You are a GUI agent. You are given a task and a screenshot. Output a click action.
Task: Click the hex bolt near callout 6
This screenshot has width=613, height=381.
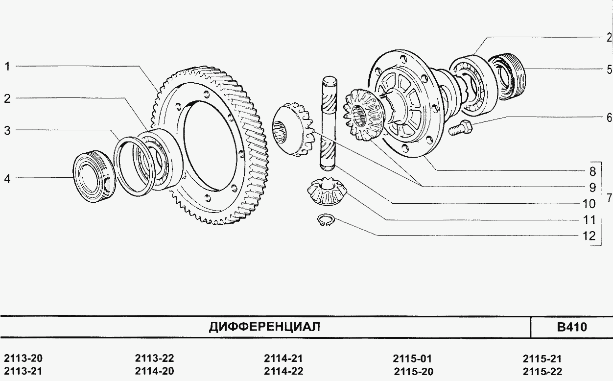(x=461, y=128)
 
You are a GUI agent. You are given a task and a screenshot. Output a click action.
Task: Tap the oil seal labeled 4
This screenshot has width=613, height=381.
(x=94, y=176)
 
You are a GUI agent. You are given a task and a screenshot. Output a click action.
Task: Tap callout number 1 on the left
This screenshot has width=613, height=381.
(x=7, y=67)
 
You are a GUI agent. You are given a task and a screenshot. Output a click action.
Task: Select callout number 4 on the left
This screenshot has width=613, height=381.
(x=7, y=179)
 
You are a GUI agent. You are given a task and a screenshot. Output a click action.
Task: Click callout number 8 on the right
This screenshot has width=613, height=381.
(x=592, y=171)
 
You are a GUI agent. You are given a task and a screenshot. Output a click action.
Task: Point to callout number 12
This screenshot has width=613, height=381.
(x=589, y=236)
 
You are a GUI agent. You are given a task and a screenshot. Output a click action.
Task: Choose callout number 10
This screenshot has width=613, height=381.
(x=589, y=204)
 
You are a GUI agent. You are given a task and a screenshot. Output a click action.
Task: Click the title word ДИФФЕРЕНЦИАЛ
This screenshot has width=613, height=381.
(x=264, y=327)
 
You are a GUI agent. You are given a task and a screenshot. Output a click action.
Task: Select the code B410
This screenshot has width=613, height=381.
(x=572, y=327)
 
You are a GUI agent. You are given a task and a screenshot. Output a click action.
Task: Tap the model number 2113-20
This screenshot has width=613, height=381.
(x=24, y=358)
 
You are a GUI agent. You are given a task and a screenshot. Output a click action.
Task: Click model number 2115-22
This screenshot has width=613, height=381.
(x=542, y=371)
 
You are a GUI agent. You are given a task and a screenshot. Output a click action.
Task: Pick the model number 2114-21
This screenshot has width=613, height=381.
(x=283, y=358)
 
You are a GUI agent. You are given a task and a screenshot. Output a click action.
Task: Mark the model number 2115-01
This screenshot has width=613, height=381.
(x=412, y=358)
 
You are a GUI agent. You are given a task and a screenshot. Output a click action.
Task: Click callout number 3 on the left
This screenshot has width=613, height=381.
(x=7, y=131)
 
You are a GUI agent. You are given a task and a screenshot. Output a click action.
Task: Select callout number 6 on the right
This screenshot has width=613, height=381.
(x=609, y=118)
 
